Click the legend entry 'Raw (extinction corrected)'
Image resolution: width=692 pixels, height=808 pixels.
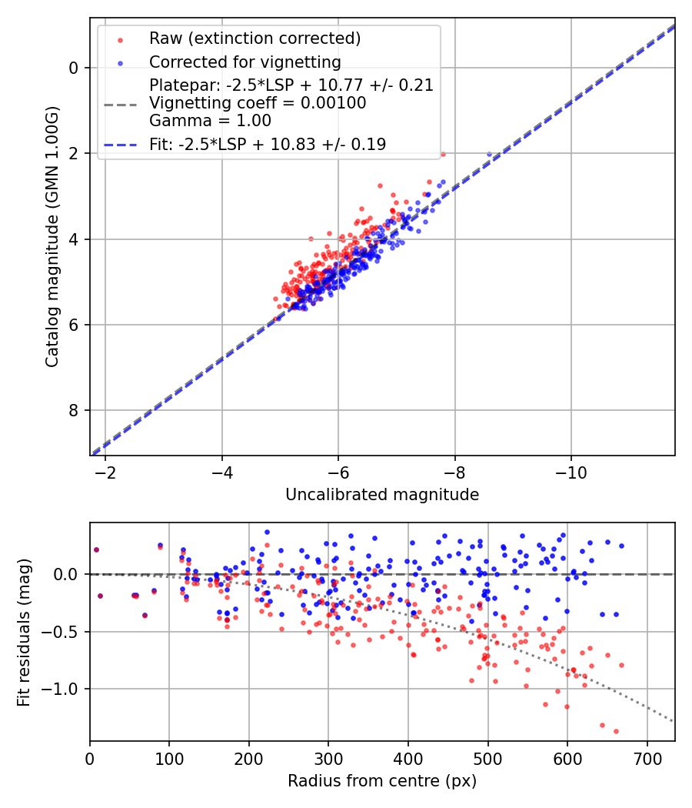pos(255,38)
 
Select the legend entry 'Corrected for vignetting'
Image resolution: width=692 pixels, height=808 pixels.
pos(245,62)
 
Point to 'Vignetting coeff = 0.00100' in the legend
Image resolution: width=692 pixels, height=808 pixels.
pos(258,103)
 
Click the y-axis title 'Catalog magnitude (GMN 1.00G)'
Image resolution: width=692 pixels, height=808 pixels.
pos(52,239)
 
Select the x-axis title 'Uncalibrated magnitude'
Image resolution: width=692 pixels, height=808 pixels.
pos(382,495)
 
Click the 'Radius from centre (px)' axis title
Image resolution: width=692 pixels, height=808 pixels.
pos(382,781)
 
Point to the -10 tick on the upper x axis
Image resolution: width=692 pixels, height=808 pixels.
pos(571,469)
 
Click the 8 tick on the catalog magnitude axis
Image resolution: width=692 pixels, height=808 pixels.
pos(74,410)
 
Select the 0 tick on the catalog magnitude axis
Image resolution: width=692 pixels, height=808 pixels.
pos(74,68)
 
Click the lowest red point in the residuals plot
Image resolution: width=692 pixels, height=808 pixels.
pos(616,731)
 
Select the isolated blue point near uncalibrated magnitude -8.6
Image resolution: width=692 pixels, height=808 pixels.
pos(489,155)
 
